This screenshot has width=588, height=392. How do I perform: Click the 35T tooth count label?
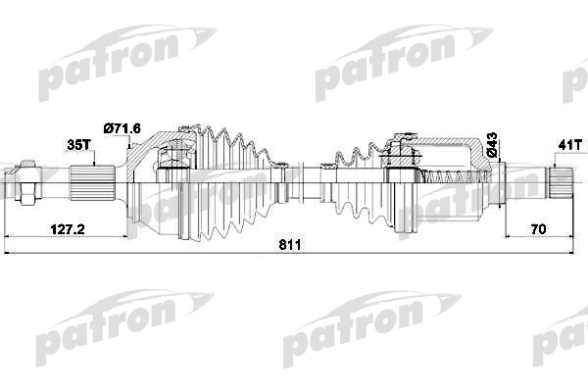click(x=78, y=144)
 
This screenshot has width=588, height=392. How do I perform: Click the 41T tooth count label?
click(x=569, y=145)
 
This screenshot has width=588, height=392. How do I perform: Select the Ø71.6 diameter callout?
click(x=122, y=128)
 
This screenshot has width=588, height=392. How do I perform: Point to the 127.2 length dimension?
click(x=68, y=229)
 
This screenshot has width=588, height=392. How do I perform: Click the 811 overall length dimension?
click(x=290, y=245)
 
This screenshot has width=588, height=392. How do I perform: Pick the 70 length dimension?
click(x=538, y=229)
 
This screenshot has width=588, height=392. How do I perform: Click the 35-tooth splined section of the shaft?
click(x=92, y=183)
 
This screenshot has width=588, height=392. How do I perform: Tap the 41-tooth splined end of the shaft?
click(x=560, y=182)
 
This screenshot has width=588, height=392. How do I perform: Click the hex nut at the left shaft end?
click(x=26, y=182)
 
